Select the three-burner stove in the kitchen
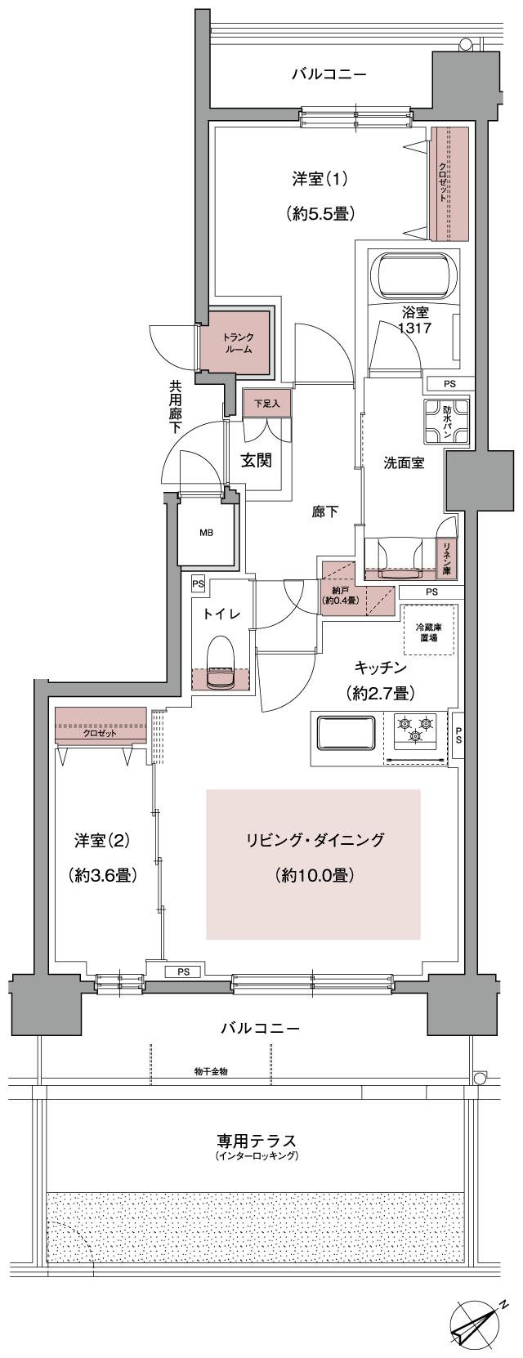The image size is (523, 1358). click(415, 730)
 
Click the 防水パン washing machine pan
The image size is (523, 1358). click(445, 421)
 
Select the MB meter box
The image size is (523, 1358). click(207, 533)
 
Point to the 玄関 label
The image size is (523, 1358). click(256, 460)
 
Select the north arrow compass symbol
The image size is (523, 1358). click(479, 1322)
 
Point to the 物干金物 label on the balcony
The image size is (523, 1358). click(211, 1070)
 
